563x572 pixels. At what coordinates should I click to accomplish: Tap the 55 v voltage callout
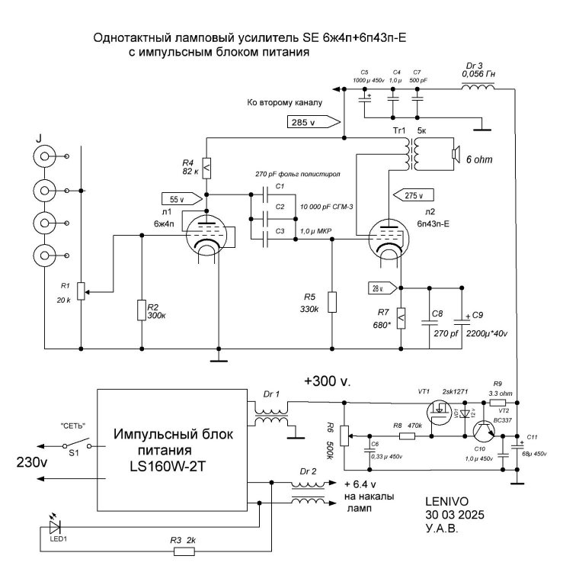[190, 198]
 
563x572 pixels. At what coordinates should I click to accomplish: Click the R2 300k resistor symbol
[142, 310]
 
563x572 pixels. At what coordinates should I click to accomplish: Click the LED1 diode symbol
[53, 526]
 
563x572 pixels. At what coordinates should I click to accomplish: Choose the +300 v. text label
[327, 381]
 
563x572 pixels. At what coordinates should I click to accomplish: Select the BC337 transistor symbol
[483, 433]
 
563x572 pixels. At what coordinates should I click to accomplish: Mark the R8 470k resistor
[405, 436]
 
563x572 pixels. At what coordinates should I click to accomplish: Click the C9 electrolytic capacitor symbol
[460, 317]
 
